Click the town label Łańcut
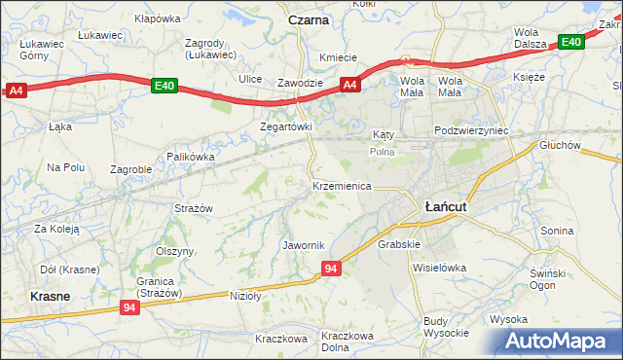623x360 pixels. (x=447, y=206)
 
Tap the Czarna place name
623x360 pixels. (x=309, y=19)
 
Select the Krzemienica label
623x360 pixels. (x=342, y=185)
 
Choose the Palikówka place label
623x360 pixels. (x=190, y=156)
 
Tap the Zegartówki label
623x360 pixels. (x=285, y=127)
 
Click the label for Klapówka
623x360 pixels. (x=158, y=18)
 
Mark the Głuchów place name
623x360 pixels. (x=560, y=145)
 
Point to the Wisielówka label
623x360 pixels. (x=440, y=267)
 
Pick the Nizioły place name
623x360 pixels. (x=247, y=295)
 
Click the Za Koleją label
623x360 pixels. (x=56, y=229)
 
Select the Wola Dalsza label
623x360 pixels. (x=533, y=38)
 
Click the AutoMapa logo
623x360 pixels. (x=560, y=342)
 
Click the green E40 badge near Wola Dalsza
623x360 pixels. (x=571, y=42)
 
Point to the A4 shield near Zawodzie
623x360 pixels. (x=351, y=86)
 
